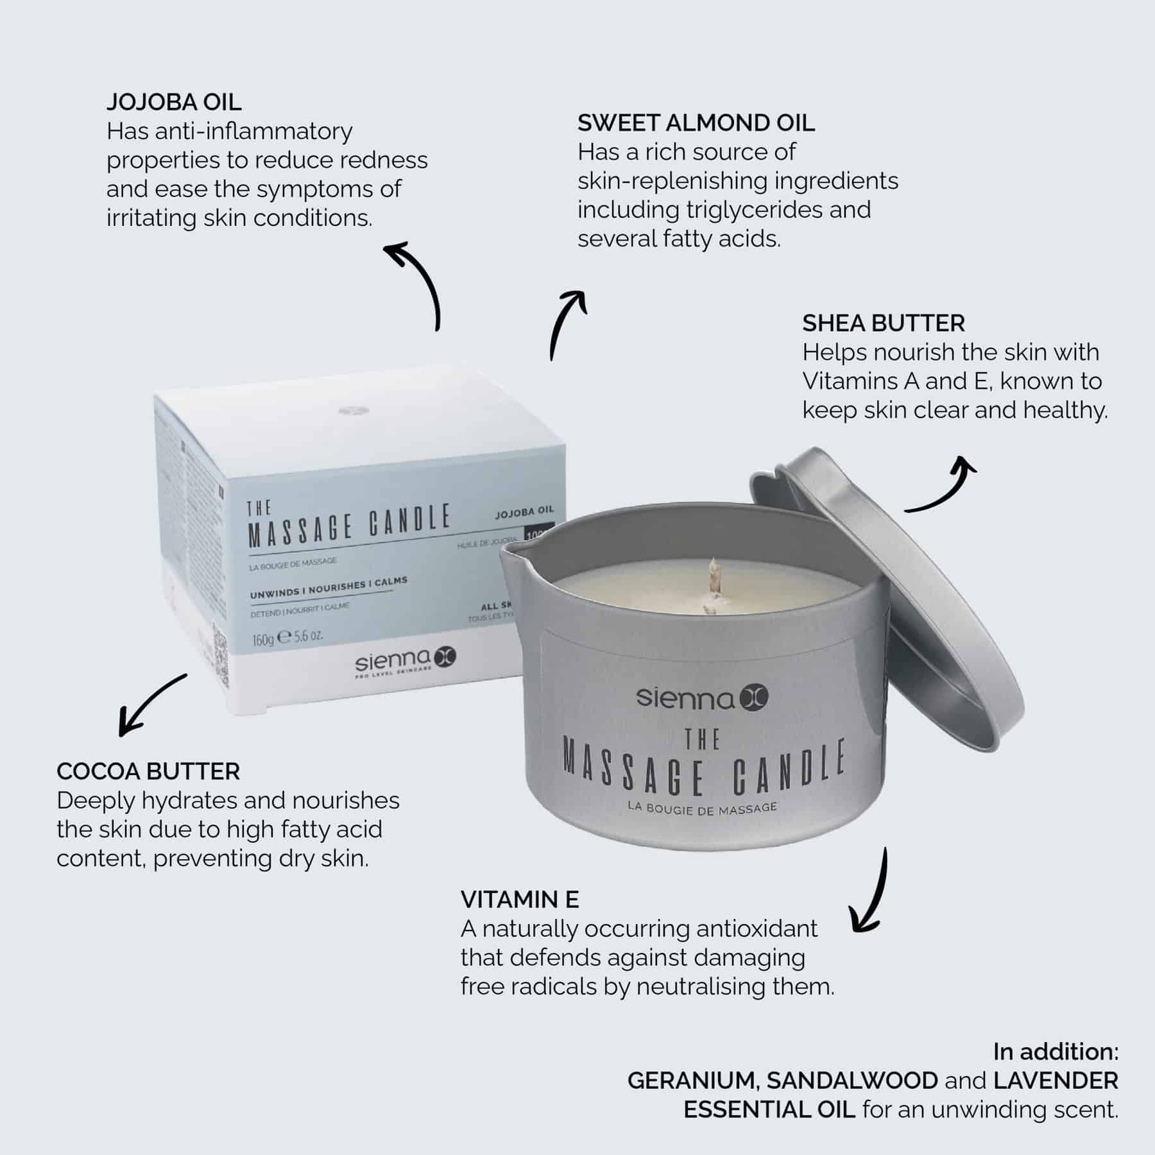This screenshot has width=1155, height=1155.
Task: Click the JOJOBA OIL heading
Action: point(174,102)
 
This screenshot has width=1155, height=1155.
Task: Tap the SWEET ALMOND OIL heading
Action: point(696,123)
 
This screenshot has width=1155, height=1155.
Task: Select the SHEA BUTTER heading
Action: point(884,323)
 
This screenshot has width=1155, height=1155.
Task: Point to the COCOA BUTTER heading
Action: point(148,771)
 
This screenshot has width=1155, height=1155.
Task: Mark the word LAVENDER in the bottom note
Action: point(1056,1081)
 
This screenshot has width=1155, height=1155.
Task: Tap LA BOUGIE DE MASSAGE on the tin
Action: point(703,809)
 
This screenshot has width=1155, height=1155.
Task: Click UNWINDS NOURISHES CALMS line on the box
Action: point(329,588)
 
